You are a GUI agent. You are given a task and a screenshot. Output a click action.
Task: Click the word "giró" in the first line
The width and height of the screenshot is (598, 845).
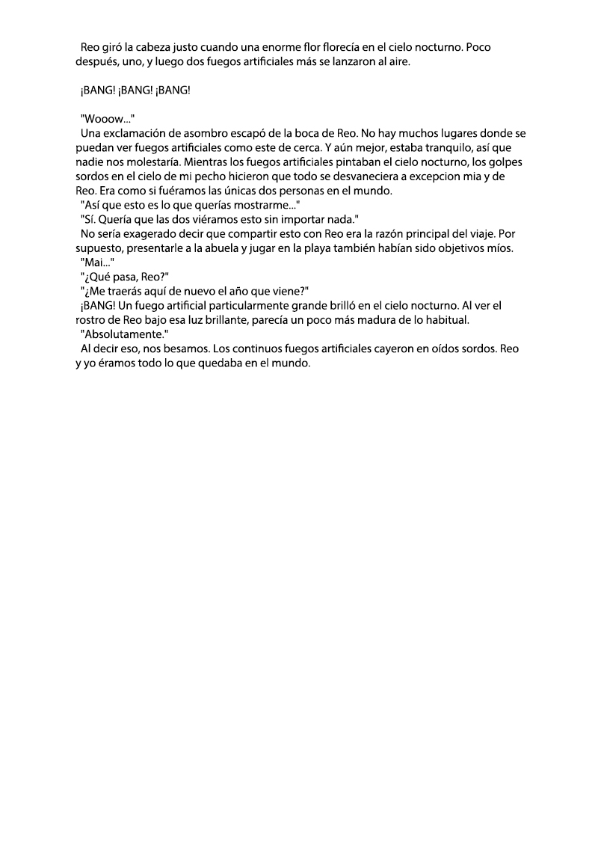click(x=112, y=48)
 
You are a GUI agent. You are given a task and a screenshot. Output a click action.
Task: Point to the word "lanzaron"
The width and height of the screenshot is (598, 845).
click(x=356, y=62)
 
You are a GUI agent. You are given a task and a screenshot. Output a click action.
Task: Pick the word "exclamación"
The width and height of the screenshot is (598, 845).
click(x=133, y=134)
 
